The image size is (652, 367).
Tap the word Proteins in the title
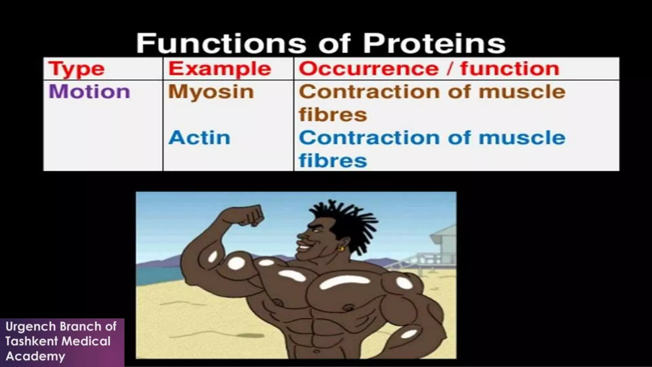pyautogui.click(x=434, y=44)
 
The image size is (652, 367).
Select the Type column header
pyautogui.click(x=76, y=69)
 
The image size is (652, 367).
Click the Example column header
pyautogui.click(x=220, y=69)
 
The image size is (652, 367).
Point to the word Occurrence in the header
pyautogui.click(x=369, y=68)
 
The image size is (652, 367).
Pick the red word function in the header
pyautogui.click(x=510, y=68)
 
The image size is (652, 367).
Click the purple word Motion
pyautogui.click(x=89, y=92)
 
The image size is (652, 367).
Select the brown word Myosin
pyautogui.click(x=211, y=92)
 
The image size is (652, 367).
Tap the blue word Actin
pyautogui.click(x=199, y=138)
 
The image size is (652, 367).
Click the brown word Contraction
pyautogui.click(x=369, y=92)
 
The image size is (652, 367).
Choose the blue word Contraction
pyautogui.click(x=369, y=138)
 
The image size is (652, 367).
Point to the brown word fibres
pyautogui.click(x=333, y=115)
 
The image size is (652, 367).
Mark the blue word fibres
pyautogui.click(x=333, y=160)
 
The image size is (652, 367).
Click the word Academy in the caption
pyautogui.click(x=35, y=356)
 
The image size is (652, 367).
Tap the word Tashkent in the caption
pyautogui.click(x=31, y=342)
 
